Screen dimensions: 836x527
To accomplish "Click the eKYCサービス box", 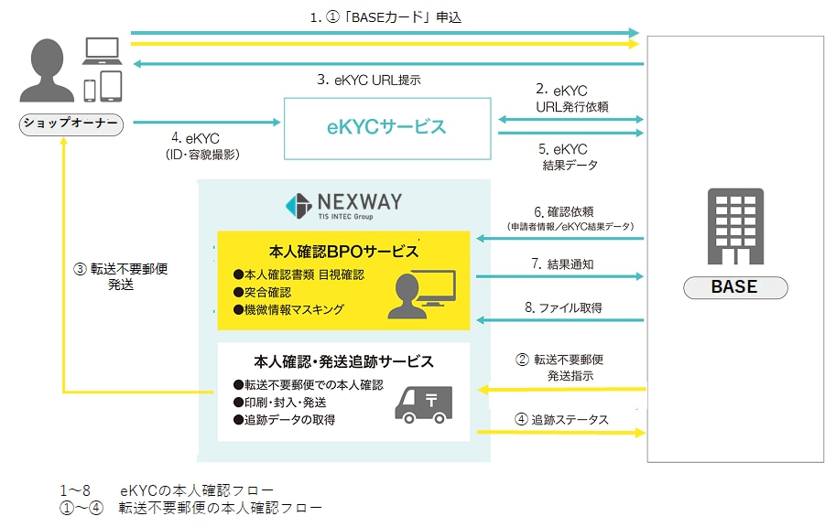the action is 387,128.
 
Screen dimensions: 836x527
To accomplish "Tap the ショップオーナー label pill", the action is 71,124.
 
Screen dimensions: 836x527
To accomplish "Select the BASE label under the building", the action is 735,287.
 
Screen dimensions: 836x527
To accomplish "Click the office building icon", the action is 735,227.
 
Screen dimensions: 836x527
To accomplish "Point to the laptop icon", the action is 102,51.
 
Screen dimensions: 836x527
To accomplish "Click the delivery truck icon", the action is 423,404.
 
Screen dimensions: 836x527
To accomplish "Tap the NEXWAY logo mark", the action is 299,206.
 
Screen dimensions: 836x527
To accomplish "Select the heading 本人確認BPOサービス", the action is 343,251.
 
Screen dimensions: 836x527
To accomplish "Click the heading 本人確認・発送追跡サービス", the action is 343,361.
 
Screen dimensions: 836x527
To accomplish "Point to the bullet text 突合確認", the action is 262,292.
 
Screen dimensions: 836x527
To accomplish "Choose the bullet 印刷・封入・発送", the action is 280,403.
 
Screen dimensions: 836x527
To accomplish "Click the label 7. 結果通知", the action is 562,263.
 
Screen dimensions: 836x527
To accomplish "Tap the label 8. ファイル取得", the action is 563,307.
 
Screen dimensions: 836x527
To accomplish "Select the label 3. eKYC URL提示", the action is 369,80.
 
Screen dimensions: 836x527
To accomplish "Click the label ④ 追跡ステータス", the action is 561,419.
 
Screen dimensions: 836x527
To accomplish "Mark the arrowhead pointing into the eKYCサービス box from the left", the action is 277,122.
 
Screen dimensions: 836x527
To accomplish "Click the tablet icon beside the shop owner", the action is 111,86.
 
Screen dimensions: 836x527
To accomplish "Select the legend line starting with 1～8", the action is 167,489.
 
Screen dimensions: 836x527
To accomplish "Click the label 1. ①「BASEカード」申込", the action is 385,17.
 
